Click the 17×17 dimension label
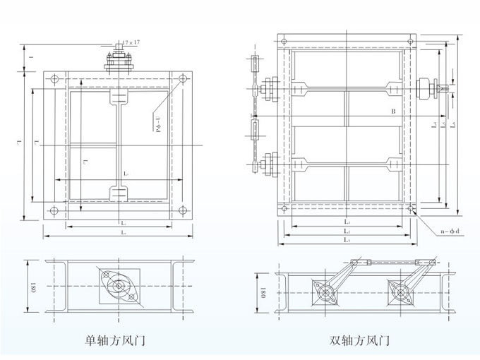click(x=131, y=43)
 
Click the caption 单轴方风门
click(x=114, y=340)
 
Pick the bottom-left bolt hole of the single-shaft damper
click(x=54, y=210)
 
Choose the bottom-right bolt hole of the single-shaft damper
click(x=183, y=210)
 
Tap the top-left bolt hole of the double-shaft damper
click(x=284, y=44)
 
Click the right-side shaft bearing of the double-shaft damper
click(x=426, y=90)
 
